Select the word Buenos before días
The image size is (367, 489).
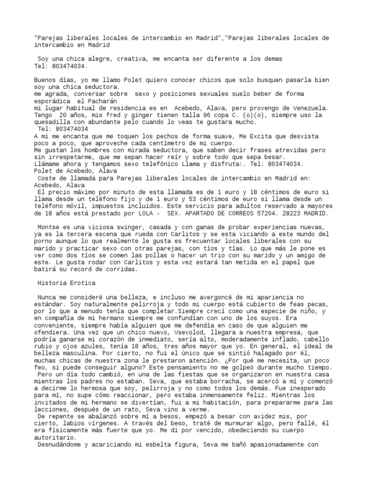pos(46,80)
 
